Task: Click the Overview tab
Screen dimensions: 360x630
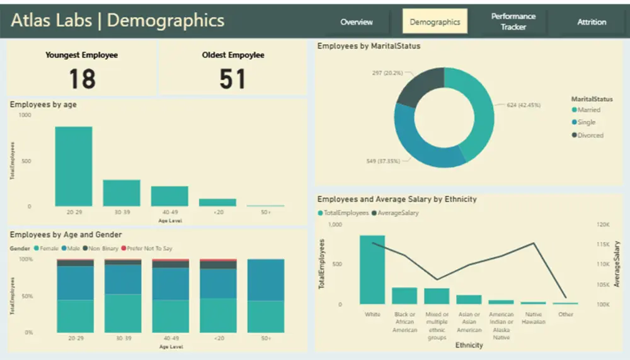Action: [x=357, y=21]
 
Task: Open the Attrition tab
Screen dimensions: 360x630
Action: [x=592, y=21]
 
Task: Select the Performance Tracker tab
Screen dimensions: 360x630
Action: [x=513, y=21]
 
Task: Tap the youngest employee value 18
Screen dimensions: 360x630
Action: [x=82, y=79]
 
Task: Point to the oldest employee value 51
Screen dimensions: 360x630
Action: [x=232, y=79]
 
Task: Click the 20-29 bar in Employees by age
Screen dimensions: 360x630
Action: [x=73, y=166]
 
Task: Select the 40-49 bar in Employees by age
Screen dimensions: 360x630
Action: [x=169, y=196]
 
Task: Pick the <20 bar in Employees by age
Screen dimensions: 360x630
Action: [x=217, y=202]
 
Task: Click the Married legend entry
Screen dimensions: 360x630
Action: [x=588, y=110]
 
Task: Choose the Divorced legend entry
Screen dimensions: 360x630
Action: [x=590, y=135]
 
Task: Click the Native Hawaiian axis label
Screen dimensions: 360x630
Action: [x=534, y=318]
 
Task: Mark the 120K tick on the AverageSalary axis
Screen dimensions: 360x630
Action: [x=603, y=224]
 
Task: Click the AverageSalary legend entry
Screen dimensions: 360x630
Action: [x=397, y=213]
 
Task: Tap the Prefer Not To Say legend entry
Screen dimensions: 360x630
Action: [x=149, y=248]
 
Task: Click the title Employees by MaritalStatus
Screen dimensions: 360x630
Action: [x=369, y=46]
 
